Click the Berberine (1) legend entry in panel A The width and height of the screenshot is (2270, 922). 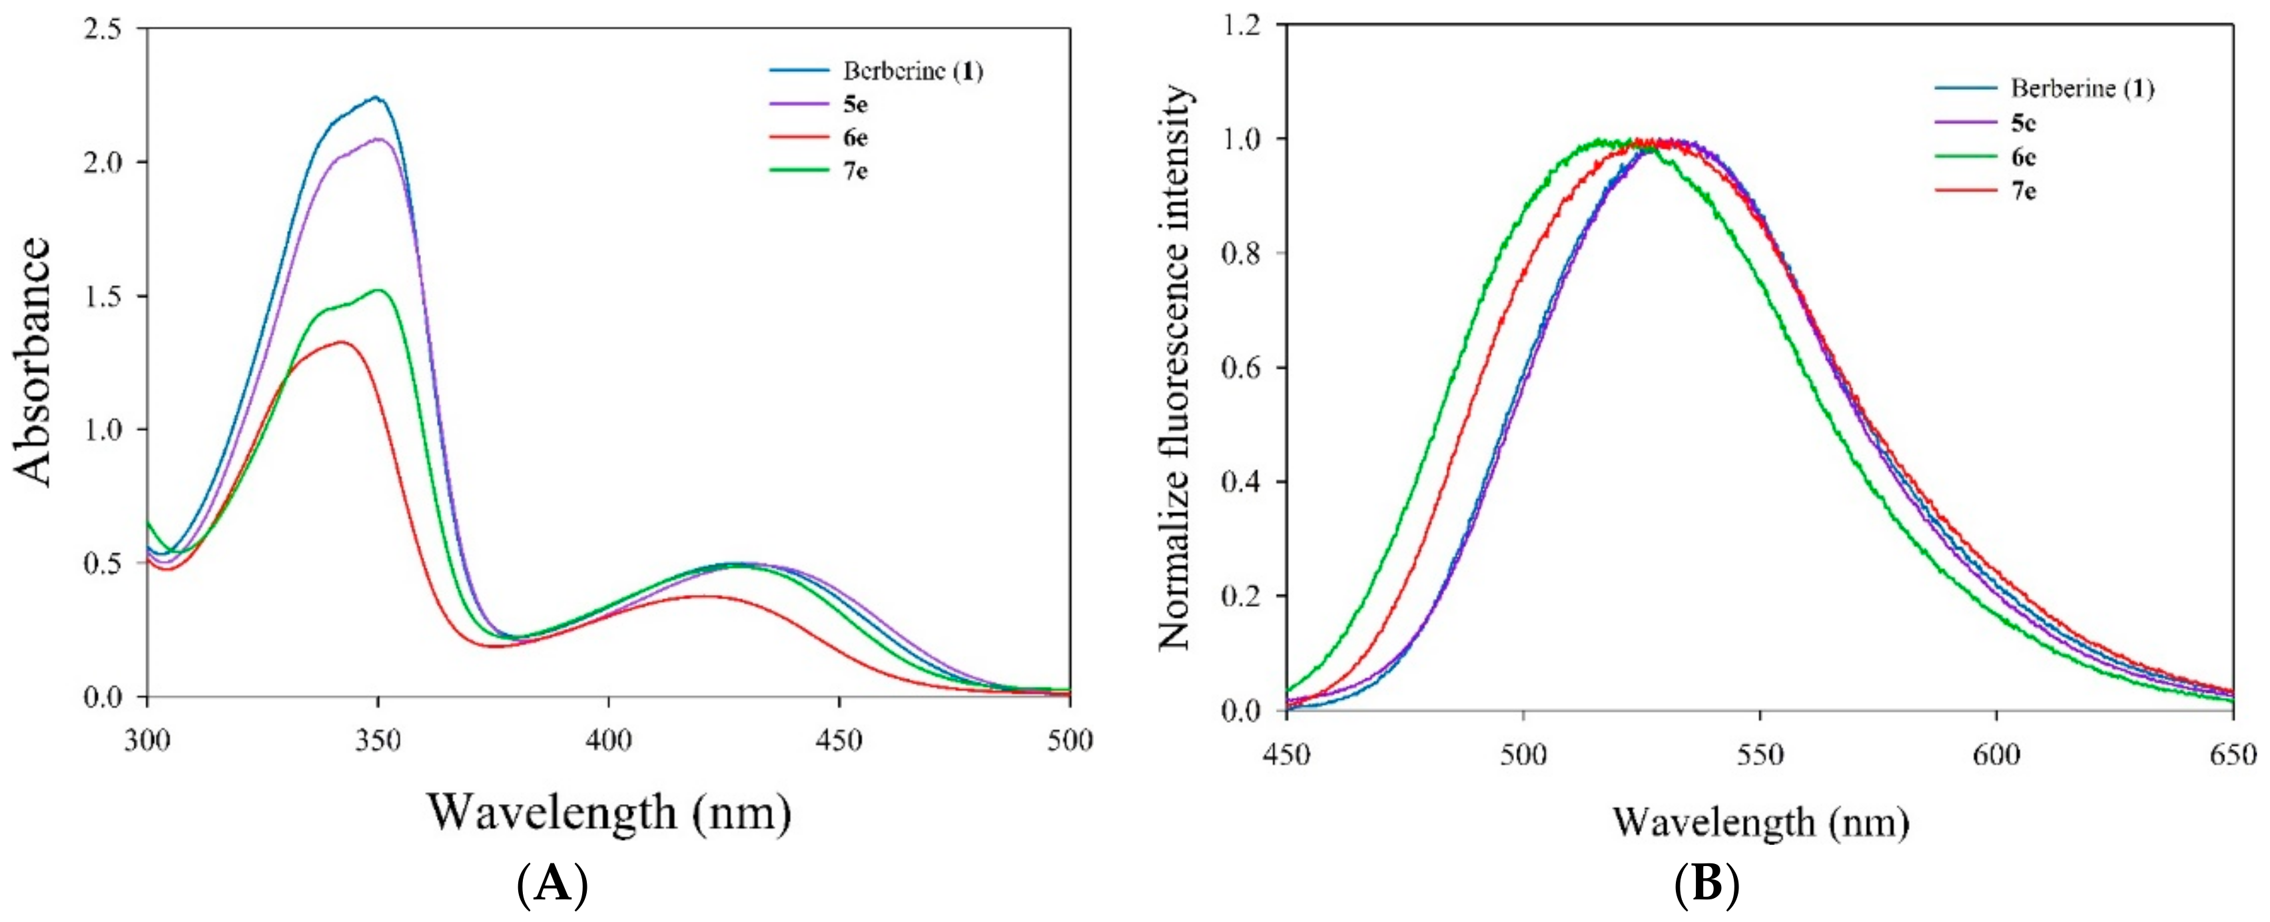coord(912,71)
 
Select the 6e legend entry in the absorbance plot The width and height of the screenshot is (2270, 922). coord(855,137)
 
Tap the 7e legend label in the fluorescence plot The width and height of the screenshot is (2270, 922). coord(2024,191)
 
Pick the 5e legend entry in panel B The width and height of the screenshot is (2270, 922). coord(2024,123)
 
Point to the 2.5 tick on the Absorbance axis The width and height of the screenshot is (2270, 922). coord(103,28)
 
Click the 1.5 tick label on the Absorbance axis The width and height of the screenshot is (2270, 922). coord(103,296)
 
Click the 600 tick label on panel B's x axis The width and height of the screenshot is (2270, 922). coord(1996,755)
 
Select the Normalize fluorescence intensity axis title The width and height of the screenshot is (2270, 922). coord(1175,368)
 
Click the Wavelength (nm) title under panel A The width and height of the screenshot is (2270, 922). coord(608,812)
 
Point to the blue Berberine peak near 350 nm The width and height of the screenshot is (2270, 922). coord(376,98)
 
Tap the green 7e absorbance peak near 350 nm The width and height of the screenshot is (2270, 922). coord(378,290)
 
